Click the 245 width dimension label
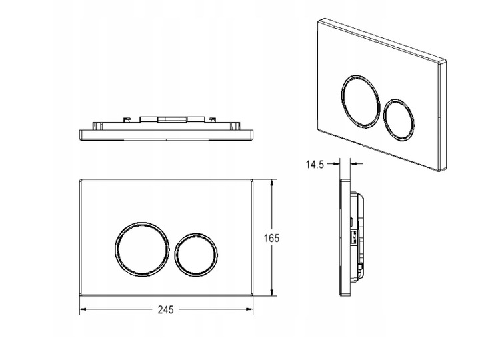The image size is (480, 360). pyautogui.click(x=165, y=310)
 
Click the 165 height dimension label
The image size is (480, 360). pyautogui.click(x=271, y=238)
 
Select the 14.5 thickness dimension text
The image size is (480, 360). pyautogui.click(x=315, y=165)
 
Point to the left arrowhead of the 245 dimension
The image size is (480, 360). pyautogui.click(x=83, y=309)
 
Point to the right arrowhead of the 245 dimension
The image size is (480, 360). pyautogui.click(x=249, y=309)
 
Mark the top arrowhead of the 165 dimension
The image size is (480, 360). pyautogui.click(x=271, y=183)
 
